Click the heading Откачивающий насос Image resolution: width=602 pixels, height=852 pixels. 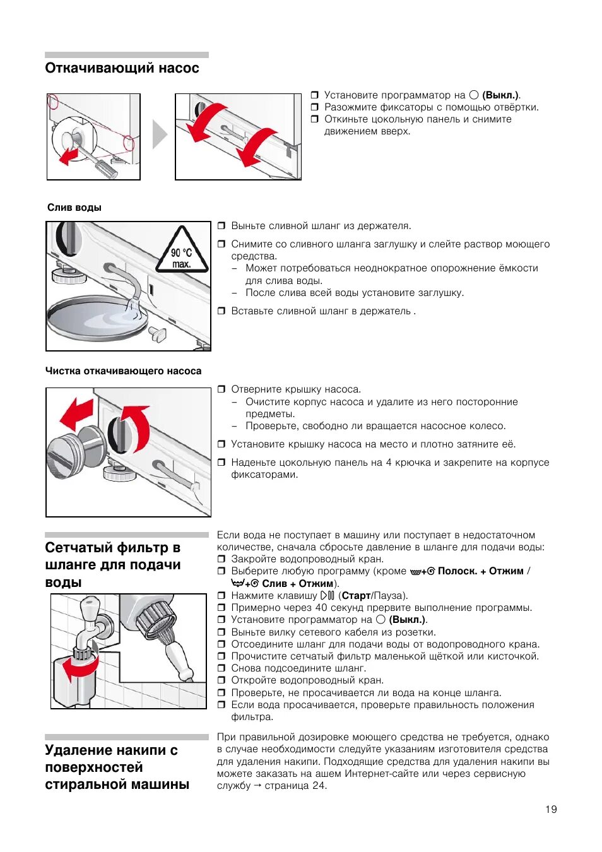(x=122, y=68)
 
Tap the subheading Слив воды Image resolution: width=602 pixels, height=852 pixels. (x=74, y=208)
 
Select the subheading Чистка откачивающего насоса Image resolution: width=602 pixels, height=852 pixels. (x=123, y=371)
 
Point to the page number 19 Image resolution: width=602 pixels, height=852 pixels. (x=551, y=809)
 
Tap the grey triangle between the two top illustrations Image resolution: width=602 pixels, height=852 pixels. (x=159, y=134)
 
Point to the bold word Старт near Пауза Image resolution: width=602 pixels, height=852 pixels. (x=356, y=595)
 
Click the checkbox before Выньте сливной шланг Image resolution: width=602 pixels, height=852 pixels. (x=221, y=226)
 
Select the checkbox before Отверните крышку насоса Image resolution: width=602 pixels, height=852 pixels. (x=221, y=389)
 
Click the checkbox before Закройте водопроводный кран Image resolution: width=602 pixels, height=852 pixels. (x=221, y=559)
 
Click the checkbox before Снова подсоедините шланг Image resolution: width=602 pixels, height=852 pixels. (x=221, y=668)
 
